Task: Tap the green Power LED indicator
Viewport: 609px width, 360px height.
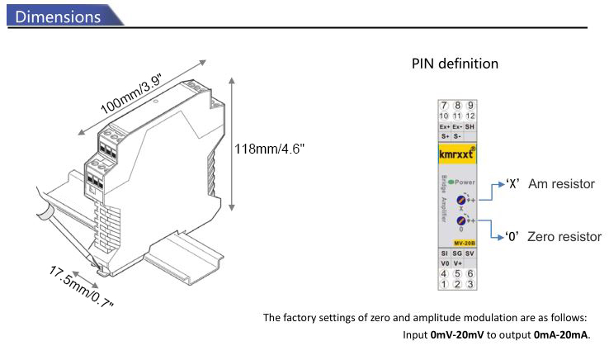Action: click(x=450, y=182)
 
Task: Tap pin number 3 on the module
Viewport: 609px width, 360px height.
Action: click(x=470, y=283)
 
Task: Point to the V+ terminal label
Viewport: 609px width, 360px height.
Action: click(x=458, y=263)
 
